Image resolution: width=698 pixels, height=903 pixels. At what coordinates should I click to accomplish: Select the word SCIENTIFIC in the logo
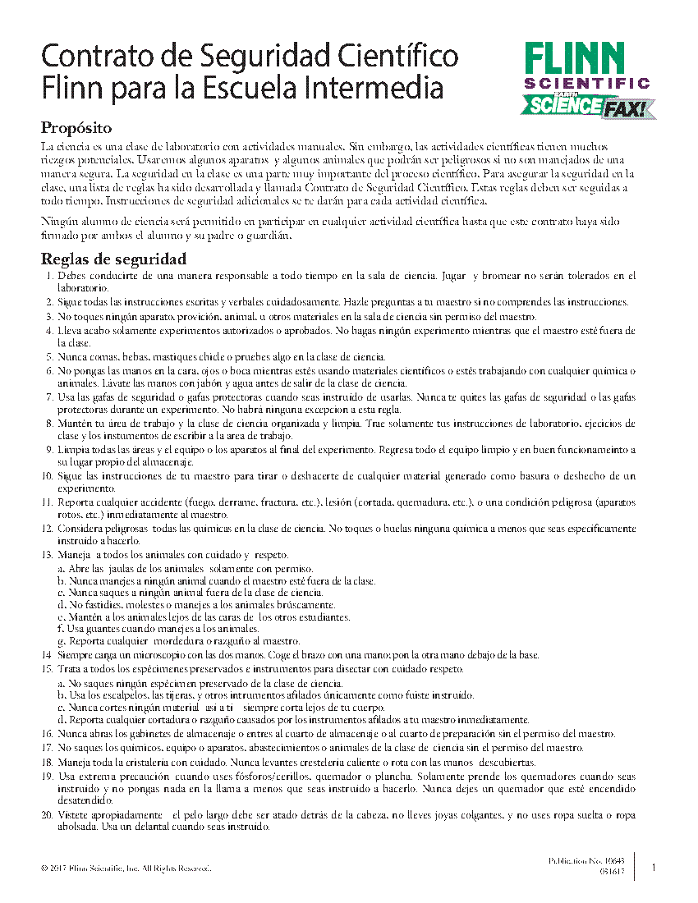586,84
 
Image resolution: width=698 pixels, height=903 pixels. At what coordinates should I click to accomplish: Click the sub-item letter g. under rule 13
62,641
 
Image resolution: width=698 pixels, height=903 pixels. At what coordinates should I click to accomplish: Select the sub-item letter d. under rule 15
62,720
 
